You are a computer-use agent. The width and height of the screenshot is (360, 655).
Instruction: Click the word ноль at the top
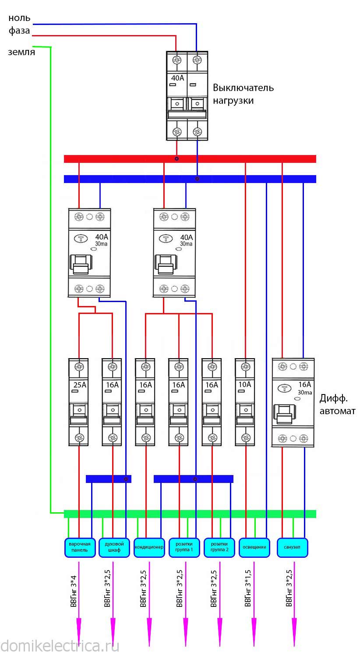click(20, 18)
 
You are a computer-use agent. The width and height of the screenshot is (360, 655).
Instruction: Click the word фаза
click(19, 31)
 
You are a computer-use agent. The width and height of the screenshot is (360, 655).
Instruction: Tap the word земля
click(21, 52)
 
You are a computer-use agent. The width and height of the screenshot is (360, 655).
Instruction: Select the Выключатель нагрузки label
click(243, 94)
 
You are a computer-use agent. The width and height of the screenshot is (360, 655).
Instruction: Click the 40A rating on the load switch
click(177, 78)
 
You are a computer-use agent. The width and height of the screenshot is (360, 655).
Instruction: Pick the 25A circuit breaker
click(79, 402)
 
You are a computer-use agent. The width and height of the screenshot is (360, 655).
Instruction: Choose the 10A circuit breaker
click(245, 402)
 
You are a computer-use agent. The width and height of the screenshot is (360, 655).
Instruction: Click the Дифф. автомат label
click(337, 405)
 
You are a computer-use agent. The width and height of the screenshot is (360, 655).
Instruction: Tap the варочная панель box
click(79, 547)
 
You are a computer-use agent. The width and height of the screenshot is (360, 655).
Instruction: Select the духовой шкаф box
click(114, 547)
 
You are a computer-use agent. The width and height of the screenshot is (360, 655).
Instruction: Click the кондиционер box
click(149, 547)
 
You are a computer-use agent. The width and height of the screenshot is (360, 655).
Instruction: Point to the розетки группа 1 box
click(184, 547)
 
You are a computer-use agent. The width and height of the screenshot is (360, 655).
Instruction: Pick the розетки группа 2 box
click(219, 547)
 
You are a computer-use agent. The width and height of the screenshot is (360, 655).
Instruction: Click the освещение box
click(254, 547)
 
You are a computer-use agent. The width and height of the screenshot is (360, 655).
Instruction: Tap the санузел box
click(292, 547)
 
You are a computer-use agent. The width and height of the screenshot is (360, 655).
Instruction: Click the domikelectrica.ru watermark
click(60, 645)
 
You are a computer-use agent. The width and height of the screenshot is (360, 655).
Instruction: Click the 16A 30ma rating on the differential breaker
click(304, 388)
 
